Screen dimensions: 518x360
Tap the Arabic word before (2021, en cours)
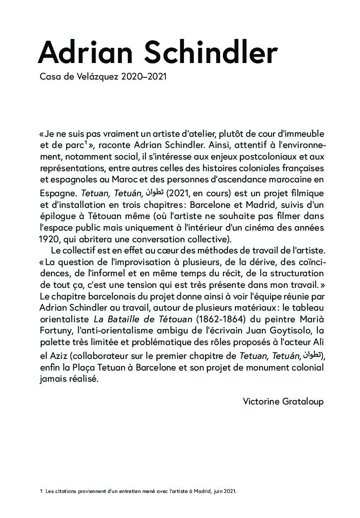point(155,193)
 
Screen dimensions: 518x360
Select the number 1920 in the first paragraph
point(49,237)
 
